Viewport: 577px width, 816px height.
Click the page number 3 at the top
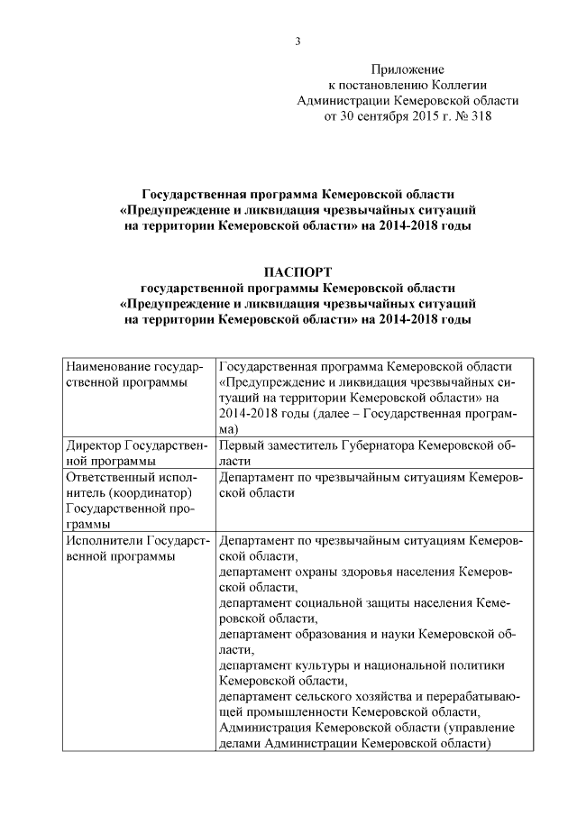298,41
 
